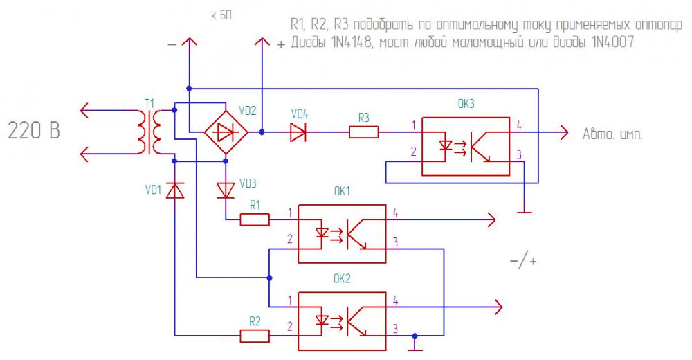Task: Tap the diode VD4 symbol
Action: pos(298,132)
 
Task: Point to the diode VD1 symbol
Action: pos(175,190)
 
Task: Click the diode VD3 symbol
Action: pos(226,190)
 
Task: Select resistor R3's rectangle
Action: pos(364,132)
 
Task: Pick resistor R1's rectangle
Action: pos(255,219)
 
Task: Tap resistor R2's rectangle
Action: pos(255,336)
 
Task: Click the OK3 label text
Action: pos(466,104)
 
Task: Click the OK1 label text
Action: pos(342,191)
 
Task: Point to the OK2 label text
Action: pos(342,279)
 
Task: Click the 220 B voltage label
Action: pos(34,131)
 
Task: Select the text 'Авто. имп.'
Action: pos(612,134)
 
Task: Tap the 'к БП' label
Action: pos(221,16)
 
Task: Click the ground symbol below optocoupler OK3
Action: pos(524,213)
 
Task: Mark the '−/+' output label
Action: pos(523,262)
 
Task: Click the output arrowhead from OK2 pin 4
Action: pos(498,307)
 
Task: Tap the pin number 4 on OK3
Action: pos(519,125)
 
